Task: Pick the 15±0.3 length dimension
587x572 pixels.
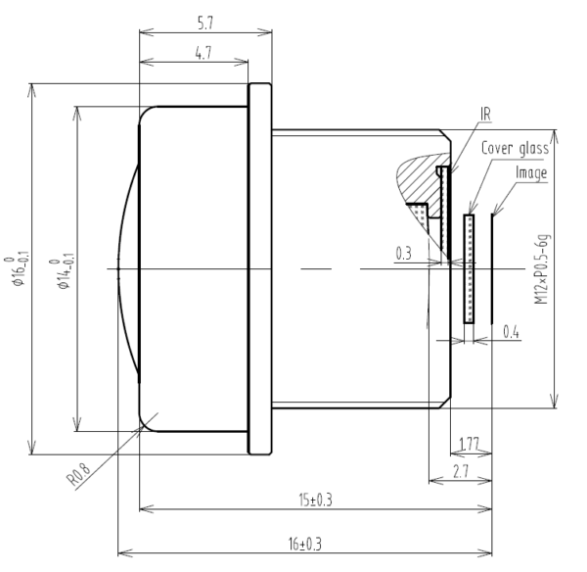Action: (x=314, y=500)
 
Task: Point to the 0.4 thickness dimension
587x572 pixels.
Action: (x=510, y=332)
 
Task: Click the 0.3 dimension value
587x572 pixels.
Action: (x=403, y=254)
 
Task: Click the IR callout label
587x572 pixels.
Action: (x=486, y=114)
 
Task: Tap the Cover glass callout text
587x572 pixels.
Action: (x=515, y=149)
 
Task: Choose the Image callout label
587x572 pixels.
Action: (x=531, y=173)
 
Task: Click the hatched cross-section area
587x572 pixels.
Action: (x=421, y=176)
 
